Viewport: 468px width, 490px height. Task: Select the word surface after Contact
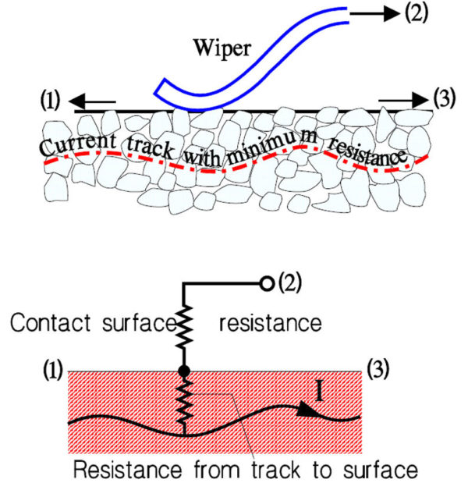(x=124, y=321)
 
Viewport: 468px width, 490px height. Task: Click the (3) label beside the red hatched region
(x=380, y=364)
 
